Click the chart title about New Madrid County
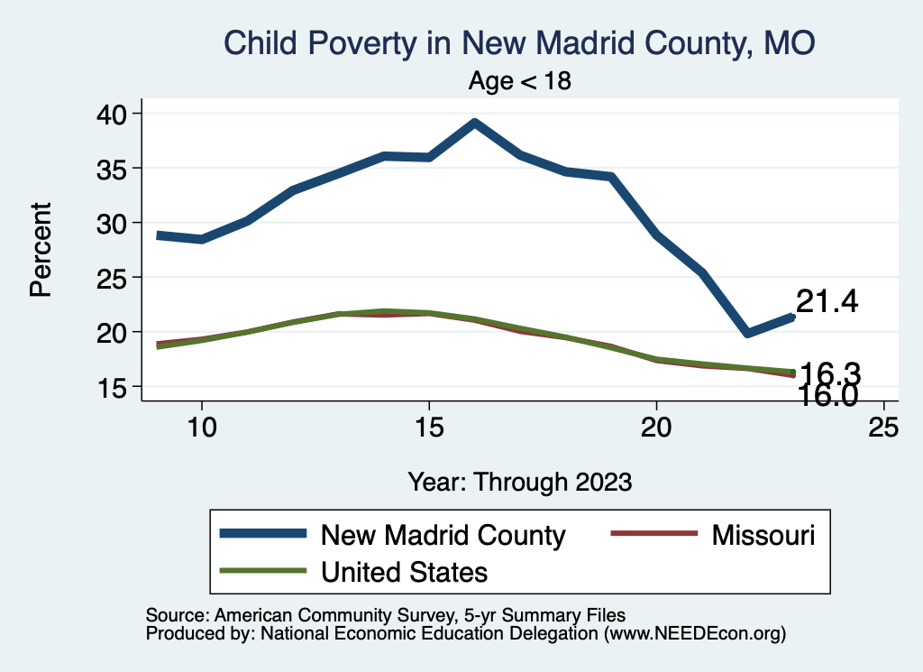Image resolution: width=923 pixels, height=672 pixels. pos(519,43)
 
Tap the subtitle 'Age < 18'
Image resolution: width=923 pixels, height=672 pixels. pos(520,81)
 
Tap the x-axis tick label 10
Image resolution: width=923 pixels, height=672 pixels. pos(202,428)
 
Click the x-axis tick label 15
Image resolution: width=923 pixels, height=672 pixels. pos(429,428)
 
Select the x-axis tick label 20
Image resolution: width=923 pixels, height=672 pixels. pos(656,428)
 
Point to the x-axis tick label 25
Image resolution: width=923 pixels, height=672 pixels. pos(883,428)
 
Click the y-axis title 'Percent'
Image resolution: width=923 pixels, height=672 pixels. pos(41,250)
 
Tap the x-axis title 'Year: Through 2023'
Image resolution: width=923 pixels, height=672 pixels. pos(519,481)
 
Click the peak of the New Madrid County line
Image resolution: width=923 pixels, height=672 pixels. pos(474,123)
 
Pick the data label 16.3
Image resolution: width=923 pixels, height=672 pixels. pos(830,373)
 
